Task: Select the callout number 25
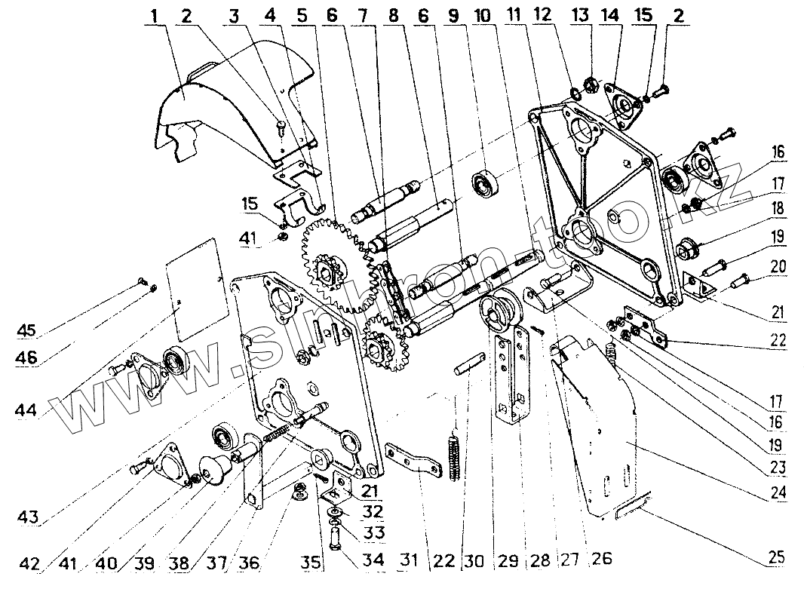(x=778, y=558)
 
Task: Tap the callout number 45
(x=28, y=331)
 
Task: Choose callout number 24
(x=778, y=495)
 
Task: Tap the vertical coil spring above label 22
(x=454, y=452)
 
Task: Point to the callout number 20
(x=778, y=265)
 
